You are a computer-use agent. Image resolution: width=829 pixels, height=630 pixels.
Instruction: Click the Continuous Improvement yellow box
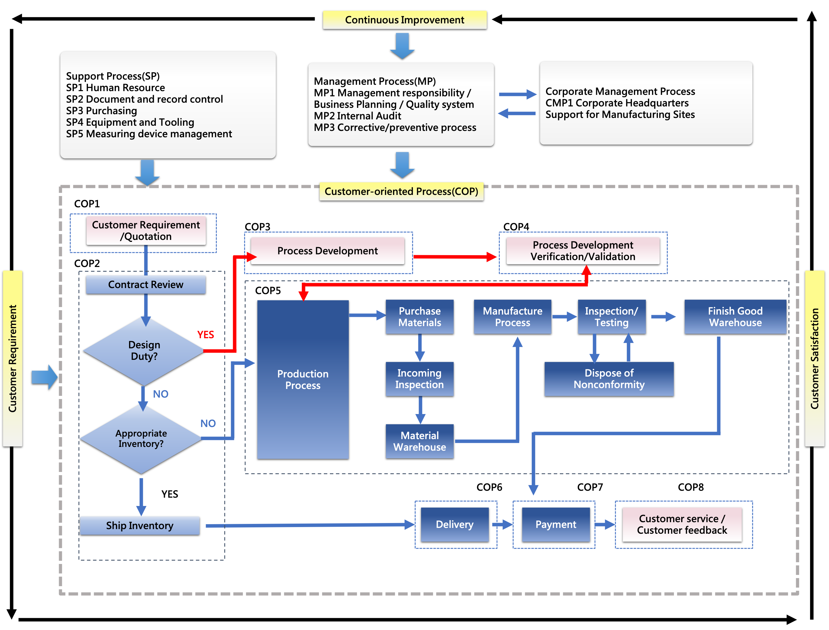[405, 20]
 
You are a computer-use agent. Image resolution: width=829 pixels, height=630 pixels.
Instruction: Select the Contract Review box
[146, 285]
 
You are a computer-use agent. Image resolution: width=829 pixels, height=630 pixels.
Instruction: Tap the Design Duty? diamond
[144, 351]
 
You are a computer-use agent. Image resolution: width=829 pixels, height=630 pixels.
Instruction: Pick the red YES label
[205, 334]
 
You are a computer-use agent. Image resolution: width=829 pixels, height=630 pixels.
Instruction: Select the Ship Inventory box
[139, 525]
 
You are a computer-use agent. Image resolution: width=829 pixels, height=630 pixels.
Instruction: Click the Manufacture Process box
[512, 317]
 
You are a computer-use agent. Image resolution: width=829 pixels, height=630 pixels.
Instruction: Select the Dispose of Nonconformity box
[609, 379]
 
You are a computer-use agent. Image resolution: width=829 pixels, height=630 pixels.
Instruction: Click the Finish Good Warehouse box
[735, 317]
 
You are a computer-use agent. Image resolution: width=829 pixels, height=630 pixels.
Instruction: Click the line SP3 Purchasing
[101, 111]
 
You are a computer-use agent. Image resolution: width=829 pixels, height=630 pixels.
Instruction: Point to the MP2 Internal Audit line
[358, 116]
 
